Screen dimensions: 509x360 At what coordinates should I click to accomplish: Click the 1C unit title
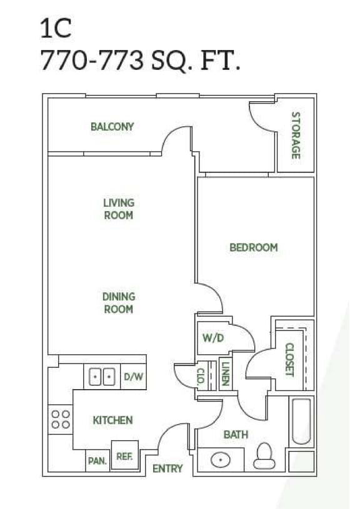tap(56, 28)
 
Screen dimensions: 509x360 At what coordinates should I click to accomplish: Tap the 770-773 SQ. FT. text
tap(140, 61)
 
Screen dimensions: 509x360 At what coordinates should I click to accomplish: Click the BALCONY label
tap(112, 127)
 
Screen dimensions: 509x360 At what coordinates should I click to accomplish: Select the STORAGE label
tap(296, 135)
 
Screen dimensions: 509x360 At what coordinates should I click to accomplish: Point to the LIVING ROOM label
tap(119, 209)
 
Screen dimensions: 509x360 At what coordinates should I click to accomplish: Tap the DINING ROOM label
tap(119, 303)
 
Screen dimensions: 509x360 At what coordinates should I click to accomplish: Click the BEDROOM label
tap(253, 247)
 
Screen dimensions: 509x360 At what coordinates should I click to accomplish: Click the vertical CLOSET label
tap(289, 359)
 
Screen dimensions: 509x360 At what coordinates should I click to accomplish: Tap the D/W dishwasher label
tap(133, 377)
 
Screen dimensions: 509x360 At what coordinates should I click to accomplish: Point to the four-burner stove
tap(61, 419)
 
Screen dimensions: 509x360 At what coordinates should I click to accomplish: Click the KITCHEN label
tap(112, 420)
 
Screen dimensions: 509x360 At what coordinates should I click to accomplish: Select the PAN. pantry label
tap(97, 462)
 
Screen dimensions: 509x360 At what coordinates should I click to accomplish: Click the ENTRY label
tap(167, 468)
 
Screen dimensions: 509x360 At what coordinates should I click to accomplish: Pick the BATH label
tap(236, 435)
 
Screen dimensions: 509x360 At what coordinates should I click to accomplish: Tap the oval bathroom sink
tap(219, 461)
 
